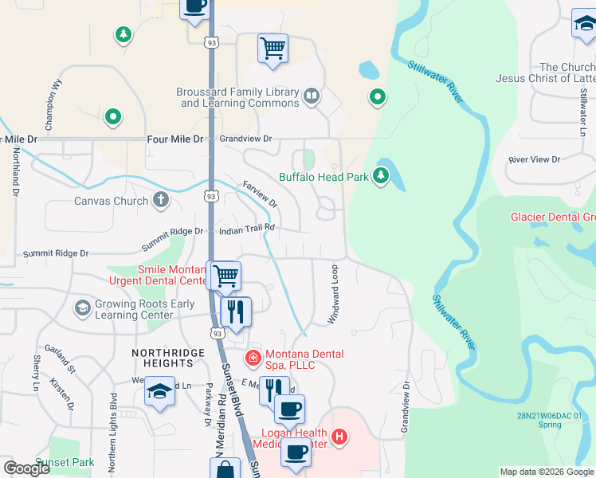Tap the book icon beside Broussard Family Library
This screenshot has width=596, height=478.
[312, 98]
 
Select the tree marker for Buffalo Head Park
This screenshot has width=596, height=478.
[381, 176]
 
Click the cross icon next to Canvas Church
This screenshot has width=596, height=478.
[161, 201]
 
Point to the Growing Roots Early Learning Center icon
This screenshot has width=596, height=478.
[82, 308]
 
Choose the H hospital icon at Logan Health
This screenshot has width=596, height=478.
[339, 437]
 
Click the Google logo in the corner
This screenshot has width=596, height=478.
[27, 468]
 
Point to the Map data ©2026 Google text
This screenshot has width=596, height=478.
[547, 472]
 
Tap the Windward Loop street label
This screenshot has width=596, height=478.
[333, 294]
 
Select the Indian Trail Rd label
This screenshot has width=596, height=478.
[247, 229]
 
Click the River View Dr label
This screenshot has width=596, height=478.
[534, 159]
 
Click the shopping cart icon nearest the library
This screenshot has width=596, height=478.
[273, 49]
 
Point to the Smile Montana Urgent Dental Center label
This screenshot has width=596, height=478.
[173, 275]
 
